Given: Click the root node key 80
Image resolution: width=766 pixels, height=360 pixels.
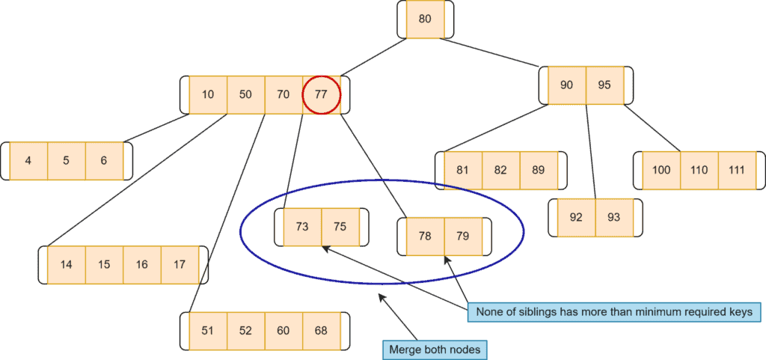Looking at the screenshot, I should click(x=425, y=19).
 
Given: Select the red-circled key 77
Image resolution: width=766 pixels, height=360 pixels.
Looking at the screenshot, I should click(x=321, y=95).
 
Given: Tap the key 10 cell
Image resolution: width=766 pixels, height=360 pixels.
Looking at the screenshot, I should click(x=208, y=95).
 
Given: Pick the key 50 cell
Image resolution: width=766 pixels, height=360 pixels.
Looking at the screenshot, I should click(x=245, y=95).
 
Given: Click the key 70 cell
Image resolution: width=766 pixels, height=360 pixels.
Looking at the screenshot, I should click(x=283, y=95).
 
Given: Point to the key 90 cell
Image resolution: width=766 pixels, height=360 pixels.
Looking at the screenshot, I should click(x=567, y=85).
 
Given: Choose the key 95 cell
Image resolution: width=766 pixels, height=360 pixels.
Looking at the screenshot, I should click(x=604, y=85).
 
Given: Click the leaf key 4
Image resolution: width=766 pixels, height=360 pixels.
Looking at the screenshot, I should click(x=28, y=161).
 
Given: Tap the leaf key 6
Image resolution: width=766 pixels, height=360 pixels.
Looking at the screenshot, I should click(x=104, y=161).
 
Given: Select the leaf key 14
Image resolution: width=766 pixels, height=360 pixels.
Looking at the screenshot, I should click(x=67, y=264).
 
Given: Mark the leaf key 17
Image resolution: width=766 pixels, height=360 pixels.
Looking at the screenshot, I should click(x=180, y=264).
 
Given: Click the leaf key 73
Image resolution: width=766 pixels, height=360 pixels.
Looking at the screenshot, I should click(x=302, y=227).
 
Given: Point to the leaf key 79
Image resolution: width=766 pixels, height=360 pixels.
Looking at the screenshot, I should click(x=463, y=237).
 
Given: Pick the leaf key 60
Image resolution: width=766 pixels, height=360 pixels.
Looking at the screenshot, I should click(x=284, y=331).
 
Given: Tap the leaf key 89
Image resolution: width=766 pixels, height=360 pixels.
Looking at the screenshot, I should click(x=539, y=170).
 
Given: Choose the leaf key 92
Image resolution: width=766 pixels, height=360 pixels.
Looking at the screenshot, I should click(x=576, y=217).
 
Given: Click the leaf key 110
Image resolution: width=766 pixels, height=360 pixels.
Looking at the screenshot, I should click(x=699, y=170).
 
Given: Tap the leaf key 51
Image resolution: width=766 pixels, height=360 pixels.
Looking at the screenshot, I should click(x=208, y=331).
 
